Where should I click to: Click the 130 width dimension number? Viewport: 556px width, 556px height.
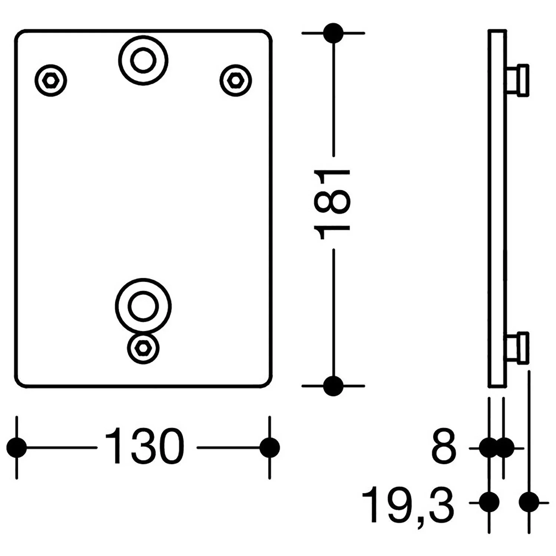[x=145, y=446]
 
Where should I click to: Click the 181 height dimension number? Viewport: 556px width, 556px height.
[x=332, y=204]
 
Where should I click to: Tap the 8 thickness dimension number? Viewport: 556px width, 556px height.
[x=443, y=447]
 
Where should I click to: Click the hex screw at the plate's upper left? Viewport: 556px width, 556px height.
[x=51, y=80]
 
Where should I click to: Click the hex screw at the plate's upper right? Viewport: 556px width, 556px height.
[x=235, y=80]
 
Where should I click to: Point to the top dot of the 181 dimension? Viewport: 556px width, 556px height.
[x=333, y=33]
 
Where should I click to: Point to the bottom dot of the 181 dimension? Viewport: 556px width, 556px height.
[x=333, y=386]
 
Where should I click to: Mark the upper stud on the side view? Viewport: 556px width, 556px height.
[x=517, y=80]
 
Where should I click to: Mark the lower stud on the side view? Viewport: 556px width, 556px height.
[x=517, y=348]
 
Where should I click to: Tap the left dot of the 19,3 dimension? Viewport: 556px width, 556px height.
[x=489, y=503]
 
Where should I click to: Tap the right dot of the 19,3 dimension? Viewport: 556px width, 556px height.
[x=529, y=503]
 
